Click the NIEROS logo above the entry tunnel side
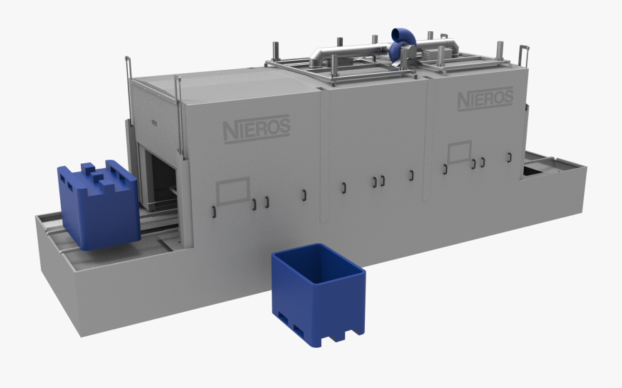pos(256,129)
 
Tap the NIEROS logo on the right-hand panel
pos(485,99)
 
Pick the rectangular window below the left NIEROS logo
pos(232,191)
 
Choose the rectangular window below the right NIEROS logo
pos(459,152)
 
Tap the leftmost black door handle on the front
pos(215,210)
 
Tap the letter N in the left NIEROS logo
pos(229,131)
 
